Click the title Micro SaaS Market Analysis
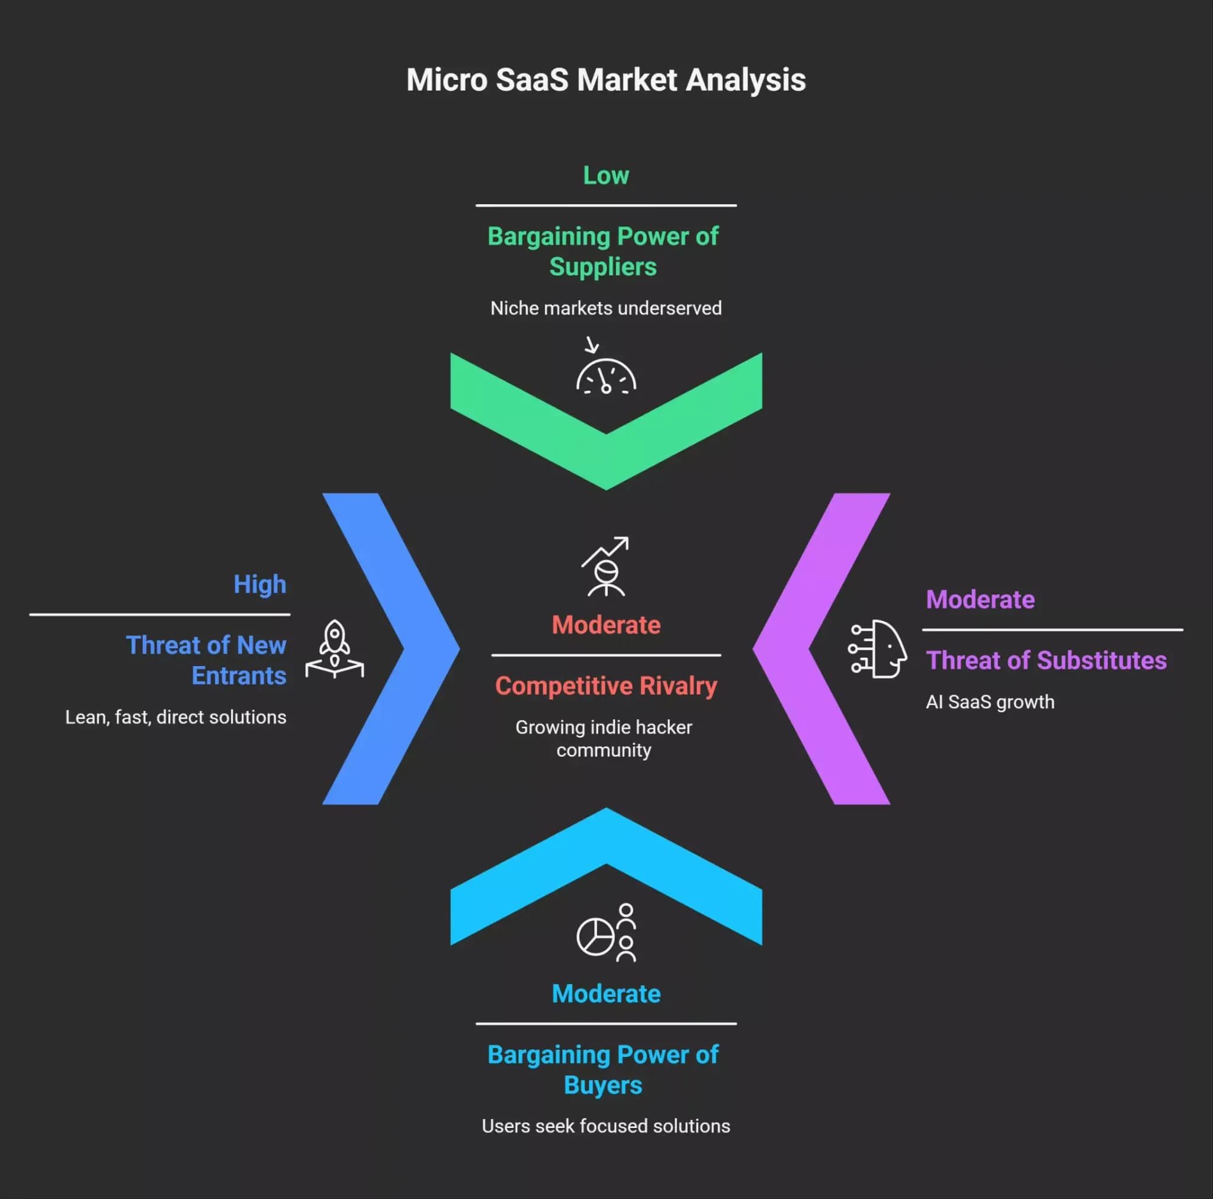(606, 81)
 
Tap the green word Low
(606, 176)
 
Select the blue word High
(260, 585)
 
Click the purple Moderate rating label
(980, 599)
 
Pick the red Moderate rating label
(606, 625)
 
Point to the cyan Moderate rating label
(606, 994)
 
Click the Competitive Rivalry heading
(606, 686)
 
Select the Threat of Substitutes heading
(1046, 660)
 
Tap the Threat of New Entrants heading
(207, 660)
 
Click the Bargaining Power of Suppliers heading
(604, 252)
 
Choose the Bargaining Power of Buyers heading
(604, 1071)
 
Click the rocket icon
(335, 649)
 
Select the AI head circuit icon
(878, 649)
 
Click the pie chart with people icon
(606, 933)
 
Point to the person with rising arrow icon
(605, 566)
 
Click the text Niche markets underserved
(606, 308)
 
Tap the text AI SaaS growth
(990, 702)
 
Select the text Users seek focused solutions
(606, 1126)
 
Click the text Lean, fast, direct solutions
(176, 718)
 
